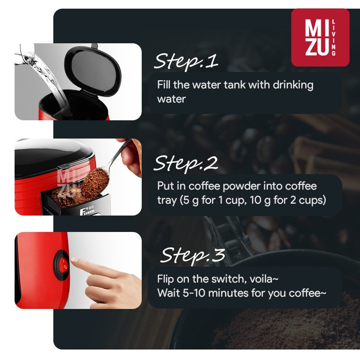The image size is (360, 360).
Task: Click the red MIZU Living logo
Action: tap(320, 37)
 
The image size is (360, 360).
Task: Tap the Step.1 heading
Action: tap(185, 62)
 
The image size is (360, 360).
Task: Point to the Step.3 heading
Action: tap(193, 255)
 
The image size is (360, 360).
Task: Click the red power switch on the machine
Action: tap(62, 264)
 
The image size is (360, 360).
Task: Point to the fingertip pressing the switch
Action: tap(76, 263)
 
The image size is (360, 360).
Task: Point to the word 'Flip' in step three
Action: tap(165, 279)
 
